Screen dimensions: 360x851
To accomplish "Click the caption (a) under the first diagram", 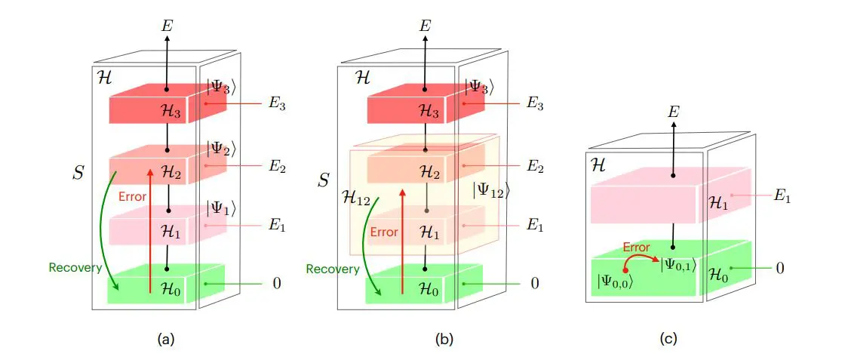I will tap(165, 340).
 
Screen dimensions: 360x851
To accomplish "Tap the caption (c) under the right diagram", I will tap(668, 340).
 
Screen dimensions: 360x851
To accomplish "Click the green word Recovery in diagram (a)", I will tap(75, 267).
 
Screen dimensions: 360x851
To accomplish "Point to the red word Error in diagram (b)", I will tap(385, 232).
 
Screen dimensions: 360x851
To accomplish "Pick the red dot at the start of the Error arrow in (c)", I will tap(625, 270).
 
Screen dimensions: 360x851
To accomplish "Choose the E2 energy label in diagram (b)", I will tap(534, 165).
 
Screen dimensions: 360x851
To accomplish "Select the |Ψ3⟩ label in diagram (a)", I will tap(222, 88).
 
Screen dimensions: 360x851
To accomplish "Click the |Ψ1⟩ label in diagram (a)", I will tap(222, 208).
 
